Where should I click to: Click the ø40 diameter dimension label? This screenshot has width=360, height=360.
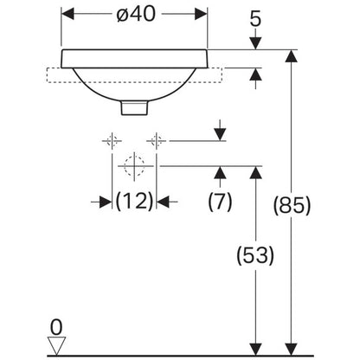(x=136, y=14)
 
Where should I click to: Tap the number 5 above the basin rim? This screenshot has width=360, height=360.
(x=255, y=19)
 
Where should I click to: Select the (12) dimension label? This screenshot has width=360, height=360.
(x=134, y=201)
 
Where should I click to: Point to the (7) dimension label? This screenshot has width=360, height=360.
(x=220, y=201)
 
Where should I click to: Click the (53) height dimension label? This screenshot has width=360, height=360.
(x=255, y=255)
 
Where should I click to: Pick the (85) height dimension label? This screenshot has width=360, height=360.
(x=292, y=205)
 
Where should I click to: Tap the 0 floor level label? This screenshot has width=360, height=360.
(x=56, y=327)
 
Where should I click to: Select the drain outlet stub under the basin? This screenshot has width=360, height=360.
(x=134, y=107)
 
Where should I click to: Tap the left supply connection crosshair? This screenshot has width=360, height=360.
(x=112, y=141)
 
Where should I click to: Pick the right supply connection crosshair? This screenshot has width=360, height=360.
(x=156, y=141)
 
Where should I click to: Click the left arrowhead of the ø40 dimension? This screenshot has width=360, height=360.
(x=67, y=14)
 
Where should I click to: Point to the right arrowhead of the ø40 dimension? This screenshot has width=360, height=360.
(x=201, y=14)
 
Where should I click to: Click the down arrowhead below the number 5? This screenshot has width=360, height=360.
(x=255, y=43)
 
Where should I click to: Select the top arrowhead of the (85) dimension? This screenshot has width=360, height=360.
(x=292, y=56)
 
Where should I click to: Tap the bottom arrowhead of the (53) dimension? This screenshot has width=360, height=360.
(x=255, y=350)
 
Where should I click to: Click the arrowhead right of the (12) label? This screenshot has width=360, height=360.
(x=163, y=202)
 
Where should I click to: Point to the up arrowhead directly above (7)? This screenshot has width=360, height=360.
(x=221, y=172)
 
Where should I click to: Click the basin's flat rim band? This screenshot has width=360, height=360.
(x=134, y=59)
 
